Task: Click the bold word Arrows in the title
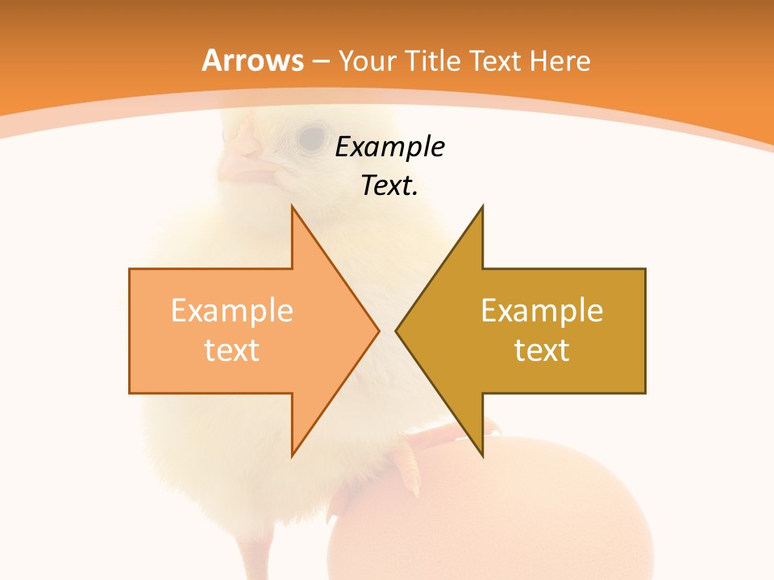tap(253, 60)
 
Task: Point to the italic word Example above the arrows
tap(390, 147)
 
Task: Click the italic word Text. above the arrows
tap(390, 186)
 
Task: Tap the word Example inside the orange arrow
tap(232, 311)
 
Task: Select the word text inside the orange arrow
tap(232, 350)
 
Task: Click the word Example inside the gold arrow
tap(542, 311)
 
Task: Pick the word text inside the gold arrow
tap(542, 350)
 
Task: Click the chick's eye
tap(312, 138)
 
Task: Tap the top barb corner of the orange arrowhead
tap(292, 207)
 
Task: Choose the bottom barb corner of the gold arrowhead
tap(482, 455)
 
